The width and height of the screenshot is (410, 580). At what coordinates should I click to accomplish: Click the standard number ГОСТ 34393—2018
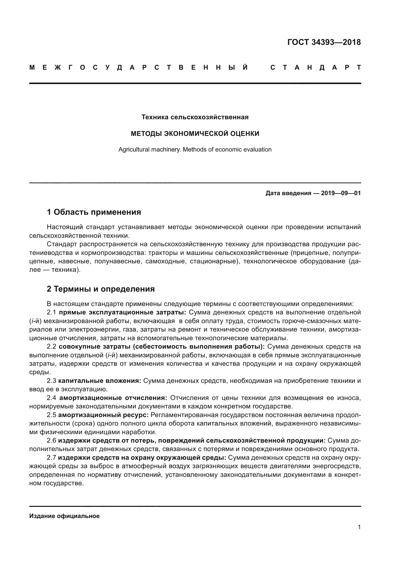pyautogui.click(x=324, y=42)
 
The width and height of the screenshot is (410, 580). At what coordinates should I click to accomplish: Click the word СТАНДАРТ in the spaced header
pyautogui.click(x=315, y=68)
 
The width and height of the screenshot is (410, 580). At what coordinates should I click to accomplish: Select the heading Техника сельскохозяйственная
pyautogui.click(x=195, y=117)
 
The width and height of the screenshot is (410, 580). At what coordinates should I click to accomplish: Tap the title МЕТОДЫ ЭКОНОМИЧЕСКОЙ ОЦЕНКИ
pyautogui.click(x=195, y=134)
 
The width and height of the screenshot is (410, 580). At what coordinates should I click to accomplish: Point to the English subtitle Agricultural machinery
pyautogui.click(x=150, y=150)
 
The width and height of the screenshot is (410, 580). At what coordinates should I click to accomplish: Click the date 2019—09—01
pyautogui.click(x=341, y=193)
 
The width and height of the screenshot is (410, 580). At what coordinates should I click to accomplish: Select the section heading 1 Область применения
pyautogui.click(x=94, y=212)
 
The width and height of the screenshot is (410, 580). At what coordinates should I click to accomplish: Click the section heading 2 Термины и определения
pyautogui.click(x=100, y=289)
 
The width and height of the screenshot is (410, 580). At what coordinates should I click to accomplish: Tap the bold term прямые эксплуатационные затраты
pyautogui.click(x=122, y=312)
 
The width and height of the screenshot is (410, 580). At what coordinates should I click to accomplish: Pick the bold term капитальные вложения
pyautogui.click(x=100, y=381)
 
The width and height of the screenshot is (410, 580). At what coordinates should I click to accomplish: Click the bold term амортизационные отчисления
pyautogui.click(x=113, y=398)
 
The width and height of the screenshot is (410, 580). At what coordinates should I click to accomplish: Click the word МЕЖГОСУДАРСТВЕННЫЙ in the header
pyautogui.click(x=139, y=68)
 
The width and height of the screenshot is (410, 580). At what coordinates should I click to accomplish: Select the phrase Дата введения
pyautogui.click(x=288, y=193)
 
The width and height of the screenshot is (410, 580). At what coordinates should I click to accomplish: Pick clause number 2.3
pyautogui.click(x=51, y=381)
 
